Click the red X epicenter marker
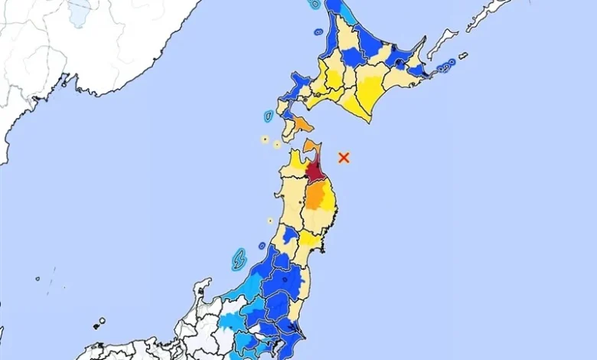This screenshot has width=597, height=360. click(x=344, y=157)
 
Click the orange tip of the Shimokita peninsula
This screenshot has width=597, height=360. click(x=311, y=146)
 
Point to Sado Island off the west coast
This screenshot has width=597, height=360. click(x=239, y=260)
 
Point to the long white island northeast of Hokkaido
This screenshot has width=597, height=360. click(x=442, y=44)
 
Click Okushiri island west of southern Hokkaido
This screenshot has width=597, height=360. click(x=269, y=116)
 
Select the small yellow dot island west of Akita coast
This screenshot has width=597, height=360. click(x=270, y=221)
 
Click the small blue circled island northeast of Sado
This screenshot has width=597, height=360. click(x=262, y=246)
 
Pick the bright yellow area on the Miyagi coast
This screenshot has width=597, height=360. click(x=310, y=240)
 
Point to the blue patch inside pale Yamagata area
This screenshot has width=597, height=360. click(x=289, y=234)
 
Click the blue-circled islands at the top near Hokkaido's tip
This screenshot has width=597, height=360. click(x=315, y=5)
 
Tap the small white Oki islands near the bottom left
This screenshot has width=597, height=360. click(x=100, y=323)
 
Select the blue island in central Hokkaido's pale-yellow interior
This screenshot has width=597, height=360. click(x=351, y=57)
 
